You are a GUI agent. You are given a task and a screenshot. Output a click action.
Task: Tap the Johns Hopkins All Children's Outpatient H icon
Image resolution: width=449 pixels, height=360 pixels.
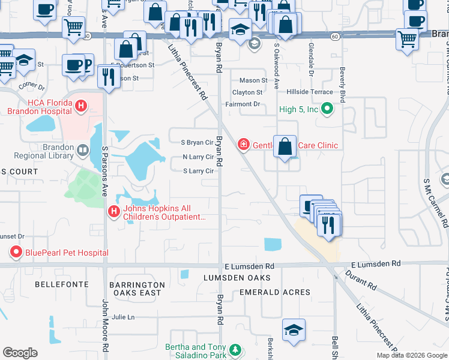pos(113,211)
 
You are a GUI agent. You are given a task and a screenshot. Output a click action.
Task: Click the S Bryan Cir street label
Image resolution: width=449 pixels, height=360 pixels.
pos(197,143)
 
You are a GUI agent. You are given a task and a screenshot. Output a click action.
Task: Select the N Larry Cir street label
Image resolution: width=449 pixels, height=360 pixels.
pos(198,157)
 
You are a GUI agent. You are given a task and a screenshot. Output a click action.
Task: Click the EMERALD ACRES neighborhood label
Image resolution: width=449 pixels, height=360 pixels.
pos(274,292)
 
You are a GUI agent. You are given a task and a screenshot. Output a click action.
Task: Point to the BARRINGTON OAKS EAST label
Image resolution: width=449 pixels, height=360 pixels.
pos(136,289)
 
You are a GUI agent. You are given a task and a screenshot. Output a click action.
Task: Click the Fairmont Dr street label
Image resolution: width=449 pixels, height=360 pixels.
pos(247,104)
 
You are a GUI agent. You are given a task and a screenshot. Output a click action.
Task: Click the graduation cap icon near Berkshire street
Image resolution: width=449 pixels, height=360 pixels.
pos(294,331)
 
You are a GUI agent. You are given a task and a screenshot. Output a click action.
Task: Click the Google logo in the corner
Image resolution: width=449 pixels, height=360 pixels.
pos(20,353)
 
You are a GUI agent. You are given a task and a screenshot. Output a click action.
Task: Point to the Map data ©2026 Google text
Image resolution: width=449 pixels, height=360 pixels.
pos(412,355)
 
